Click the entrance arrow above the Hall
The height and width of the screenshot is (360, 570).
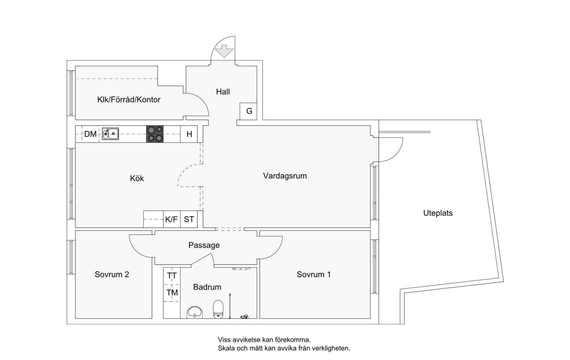[x=224, y=51]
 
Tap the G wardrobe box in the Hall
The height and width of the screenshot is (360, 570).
[x=248, y=111]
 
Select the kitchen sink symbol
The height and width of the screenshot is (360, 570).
[x=110, y=134]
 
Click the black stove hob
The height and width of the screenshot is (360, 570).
[x=155, y=134]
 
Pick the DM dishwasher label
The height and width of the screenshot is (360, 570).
[x=90, y=134]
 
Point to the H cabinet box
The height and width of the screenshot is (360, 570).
[x=189, y=134]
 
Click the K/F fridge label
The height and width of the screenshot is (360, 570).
[x=172, y=219]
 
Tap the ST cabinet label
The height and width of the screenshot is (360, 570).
[x=189, y=219]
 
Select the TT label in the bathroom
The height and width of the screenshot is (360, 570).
[x=172, y=276]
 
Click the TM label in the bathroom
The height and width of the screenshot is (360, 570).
[x=172, y=293]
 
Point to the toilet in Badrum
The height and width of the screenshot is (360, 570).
[x=218, y=309]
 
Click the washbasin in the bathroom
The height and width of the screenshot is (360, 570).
[x=195, y=312]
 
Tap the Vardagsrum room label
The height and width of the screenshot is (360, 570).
[x=285, y=176]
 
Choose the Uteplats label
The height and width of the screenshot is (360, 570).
[x=438, y=213]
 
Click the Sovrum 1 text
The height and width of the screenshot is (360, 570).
[x=314, y=274]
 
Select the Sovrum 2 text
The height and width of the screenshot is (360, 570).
[x=112, y=274]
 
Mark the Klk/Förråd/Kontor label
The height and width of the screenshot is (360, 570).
[x=129, y=100]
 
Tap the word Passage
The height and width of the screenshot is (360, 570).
[x=204, y=245]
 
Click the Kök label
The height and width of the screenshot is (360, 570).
[x=137, y=178]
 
